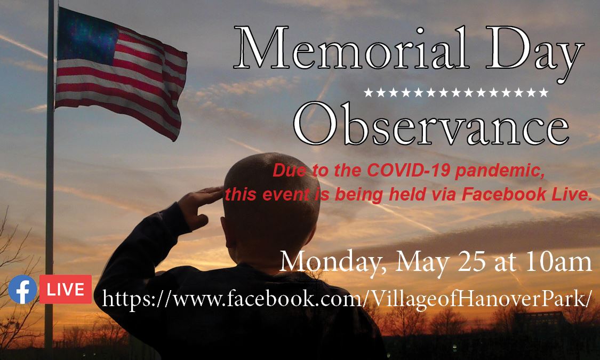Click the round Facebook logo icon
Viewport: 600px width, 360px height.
(22, 290)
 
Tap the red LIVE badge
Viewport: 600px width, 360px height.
(65, 289)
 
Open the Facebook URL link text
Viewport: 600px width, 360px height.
(347, 299)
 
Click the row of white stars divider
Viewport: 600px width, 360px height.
(455, 93)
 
